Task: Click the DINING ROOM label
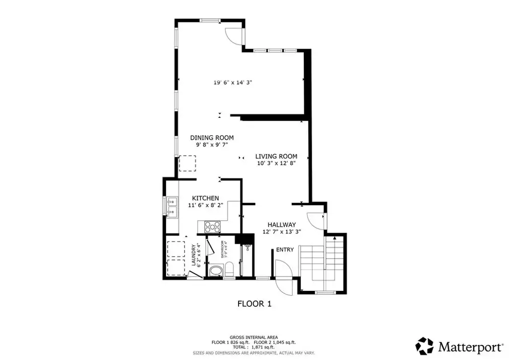[x=212, y=138]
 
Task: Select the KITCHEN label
[x=205, y=198]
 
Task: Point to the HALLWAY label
[x=281, y=224]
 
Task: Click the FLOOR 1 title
[x=254, y=303]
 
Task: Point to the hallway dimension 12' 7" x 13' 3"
[x=281, y=232]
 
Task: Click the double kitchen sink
[x=172, y=207]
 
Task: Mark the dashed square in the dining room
[x=187, y=163]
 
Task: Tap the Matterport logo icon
[x=424, y=345]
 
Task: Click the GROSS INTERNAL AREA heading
[x=254, y=337]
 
